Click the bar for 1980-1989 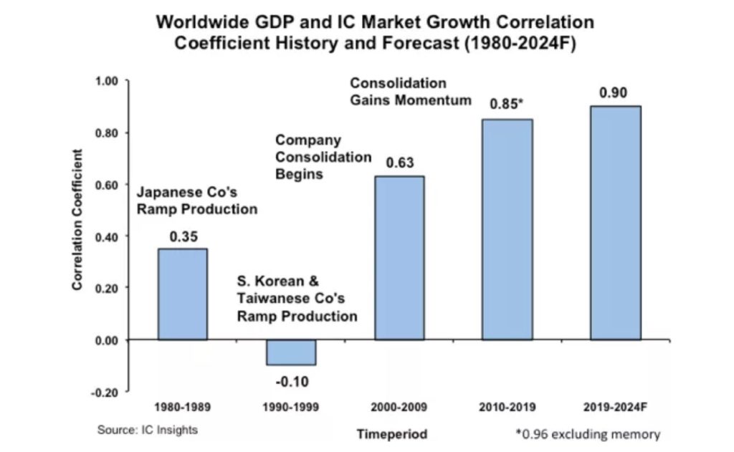[x=182, y=294]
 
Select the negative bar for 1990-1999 [x=290, y=352]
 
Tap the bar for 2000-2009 [x=399, y=257]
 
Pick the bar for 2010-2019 [x=507, y=229]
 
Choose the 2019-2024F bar [x=615, y=223]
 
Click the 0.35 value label [x=183, y=236]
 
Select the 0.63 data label [x=400, y=163]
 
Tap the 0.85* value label [x=507, y=105]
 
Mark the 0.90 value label [x=615, y=93]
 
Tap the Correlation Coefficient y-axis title [x=77, y=219]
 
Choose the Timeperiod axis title [x=392, y=434]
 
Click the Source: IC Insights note [x=147, y=431]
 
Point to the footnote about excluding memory [x=587, y=434]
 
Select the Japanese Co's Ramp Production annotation [x=196, y=201]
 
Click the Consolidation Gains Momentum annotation [x=411, y=92]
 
